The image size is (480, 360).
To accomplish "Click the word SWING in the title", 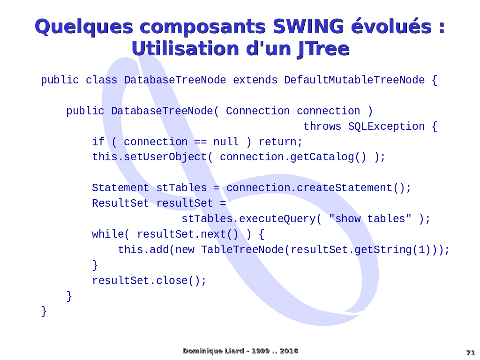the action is pyautogui.click(x=308, y=26).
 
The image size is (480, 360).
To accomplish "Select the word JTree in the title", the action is pyautogui.click(x=323, y=49).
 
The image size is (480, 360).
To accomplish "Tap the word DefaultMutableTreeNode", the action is pyautogui.click(x=354, y=80).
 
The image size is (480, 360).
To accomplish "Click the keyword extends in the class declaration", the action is pyautogui.click(x=255, y=80).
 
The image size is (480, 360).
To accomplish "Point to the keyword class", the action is pyautogui.click(x=101, y=80).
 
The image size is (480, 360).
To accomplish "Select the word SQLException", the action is pyautogui.click(x=386, y=126).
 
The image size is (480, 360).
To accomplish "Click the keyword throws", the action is pyautogui.click(x=322, y=126).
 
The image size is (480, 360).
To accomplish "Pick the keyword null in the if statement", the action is pyautogui.click(x=226, y=142).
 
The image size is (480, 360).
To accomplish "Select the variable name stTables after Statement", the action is pyautogui.click(x=181, y=187).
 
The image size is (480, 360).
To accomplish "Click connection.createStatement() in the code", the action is pyautogui.click(x=315, y=187).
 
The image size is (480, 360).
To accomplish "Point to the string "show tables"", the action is pyautogui.click(x=370, y=218).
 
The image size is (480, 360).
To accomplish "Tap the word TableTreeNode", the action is pyautogui.click(x=242, y=249).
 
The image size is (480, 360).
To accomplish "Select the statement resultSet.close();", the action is pyautogui.click(x=150, y=280).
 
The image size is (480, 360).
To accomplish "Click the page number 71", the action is pyautogui.click(x=471, y=352).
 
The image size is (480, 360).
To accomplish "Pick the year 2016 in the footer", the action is pyautogui.click(x=289, y=351).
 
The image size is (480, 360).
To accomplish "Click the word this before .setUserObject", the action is pyautogui.click(x=105, y=157).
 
